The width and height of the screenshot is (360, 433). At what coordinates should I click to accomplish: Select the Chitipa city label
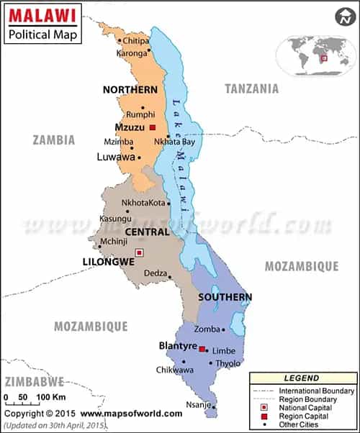tap(138, 41)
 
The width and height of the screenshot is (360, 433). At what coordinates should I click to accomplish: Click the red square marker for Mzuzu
tap(153, 127)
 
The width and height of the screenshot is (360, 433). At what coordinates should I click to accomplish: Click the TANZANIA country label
tap(251, 88)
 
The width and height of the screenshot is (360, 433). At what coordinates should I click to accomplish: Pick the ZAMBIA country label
tap(53, 140)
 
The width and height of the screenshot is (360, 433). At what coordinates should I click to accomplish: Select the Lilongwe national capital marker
tap(140, 252)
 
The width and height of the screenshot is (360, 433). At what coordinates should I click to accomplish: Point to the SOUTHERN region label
tap(225, 297)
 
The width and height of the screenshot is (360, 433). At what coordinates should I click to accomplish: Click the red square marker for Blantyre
tap(202, 350)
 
